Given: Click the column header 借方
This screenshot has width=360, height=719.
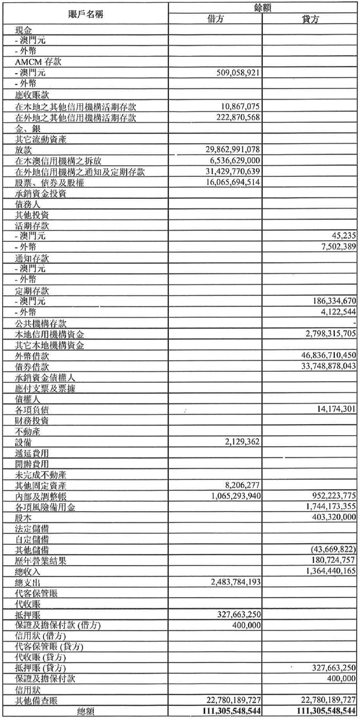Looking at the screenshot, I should (215, 19).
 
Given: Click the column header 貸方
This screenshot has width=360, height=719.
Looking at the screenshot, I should (310, 19).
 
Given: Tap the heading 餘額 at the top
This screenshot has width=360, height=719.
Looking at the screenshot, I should (263, 7).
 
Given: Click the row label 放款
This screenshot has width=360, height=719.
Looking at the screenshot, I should (25, 150).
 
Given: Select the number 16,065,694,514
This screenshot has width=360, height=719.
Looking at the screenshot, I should (225, 183).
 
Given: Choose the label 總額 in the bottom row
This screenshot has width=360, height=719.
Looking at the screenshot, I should (85, 711).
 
